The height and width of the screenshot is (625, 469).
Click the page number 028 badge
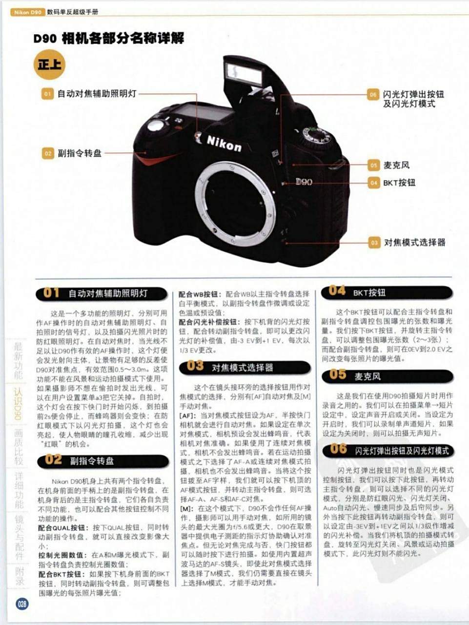(x=22, y=604)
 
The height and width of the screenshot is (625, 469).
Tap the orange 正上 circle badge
(x=49, y=64)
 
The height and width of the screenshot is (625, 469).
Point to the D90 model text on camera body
(x=303, y=182)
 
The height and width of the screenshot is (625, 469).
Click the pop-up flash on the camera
(x=244, y=73)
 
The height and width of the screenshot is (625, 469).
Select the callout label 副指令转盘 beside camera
(x=80, y=153)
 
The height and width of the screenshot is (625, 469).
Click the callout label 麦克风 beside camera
(x=396, y=165)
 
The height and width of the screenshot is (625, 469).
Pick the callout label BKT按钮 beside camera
(x=399, y=183)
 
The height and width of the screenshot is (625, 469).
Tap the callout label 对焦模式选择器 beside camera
(x=414, y=242)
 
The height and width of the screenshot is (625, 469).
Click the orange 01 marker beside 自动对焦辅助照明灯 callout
(x=47, y=94)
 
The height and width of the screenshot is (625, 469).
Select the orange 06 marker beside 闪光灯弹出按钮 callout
(x=373, y=95)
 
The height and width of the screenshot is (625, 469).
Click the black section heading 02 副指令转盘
(x=103, y=460)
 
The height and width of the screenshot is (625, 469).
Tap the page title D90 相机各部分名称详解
(x=109, y=39)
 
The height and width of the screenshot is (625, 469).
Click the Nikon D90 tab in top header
(x=27, y=12)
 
